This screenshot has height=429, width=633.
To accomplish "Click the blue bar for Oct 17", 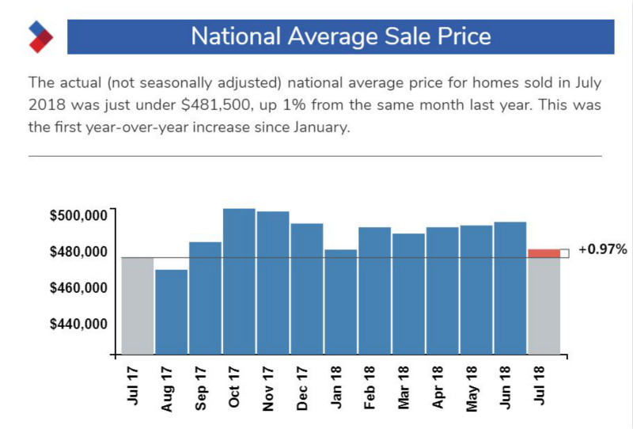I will click(239, 281).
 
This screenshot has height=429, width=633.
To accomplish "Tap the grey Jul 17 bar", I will click(137, 305).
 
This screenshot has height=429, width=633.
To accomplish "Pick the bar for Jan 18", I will click(340, 301).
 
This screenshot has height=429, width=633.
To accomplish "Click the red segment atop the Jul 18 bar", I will click(544, 252).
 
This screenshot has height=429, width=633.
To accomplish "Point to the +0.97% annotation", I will click(602, 249).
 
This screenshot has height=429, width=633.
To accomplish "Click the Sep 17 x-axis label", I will click(200, 387).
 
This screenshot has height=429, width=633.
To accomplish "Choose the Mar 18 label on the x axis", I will click(404, 387).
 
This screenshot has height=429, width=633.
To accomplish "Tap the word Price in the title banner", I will click(457, 37).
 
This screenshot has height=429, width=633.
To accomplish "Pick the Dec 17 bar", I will click(306, 288).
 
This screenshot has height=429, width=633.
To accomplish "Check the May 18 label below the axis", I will click(472, 387).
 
